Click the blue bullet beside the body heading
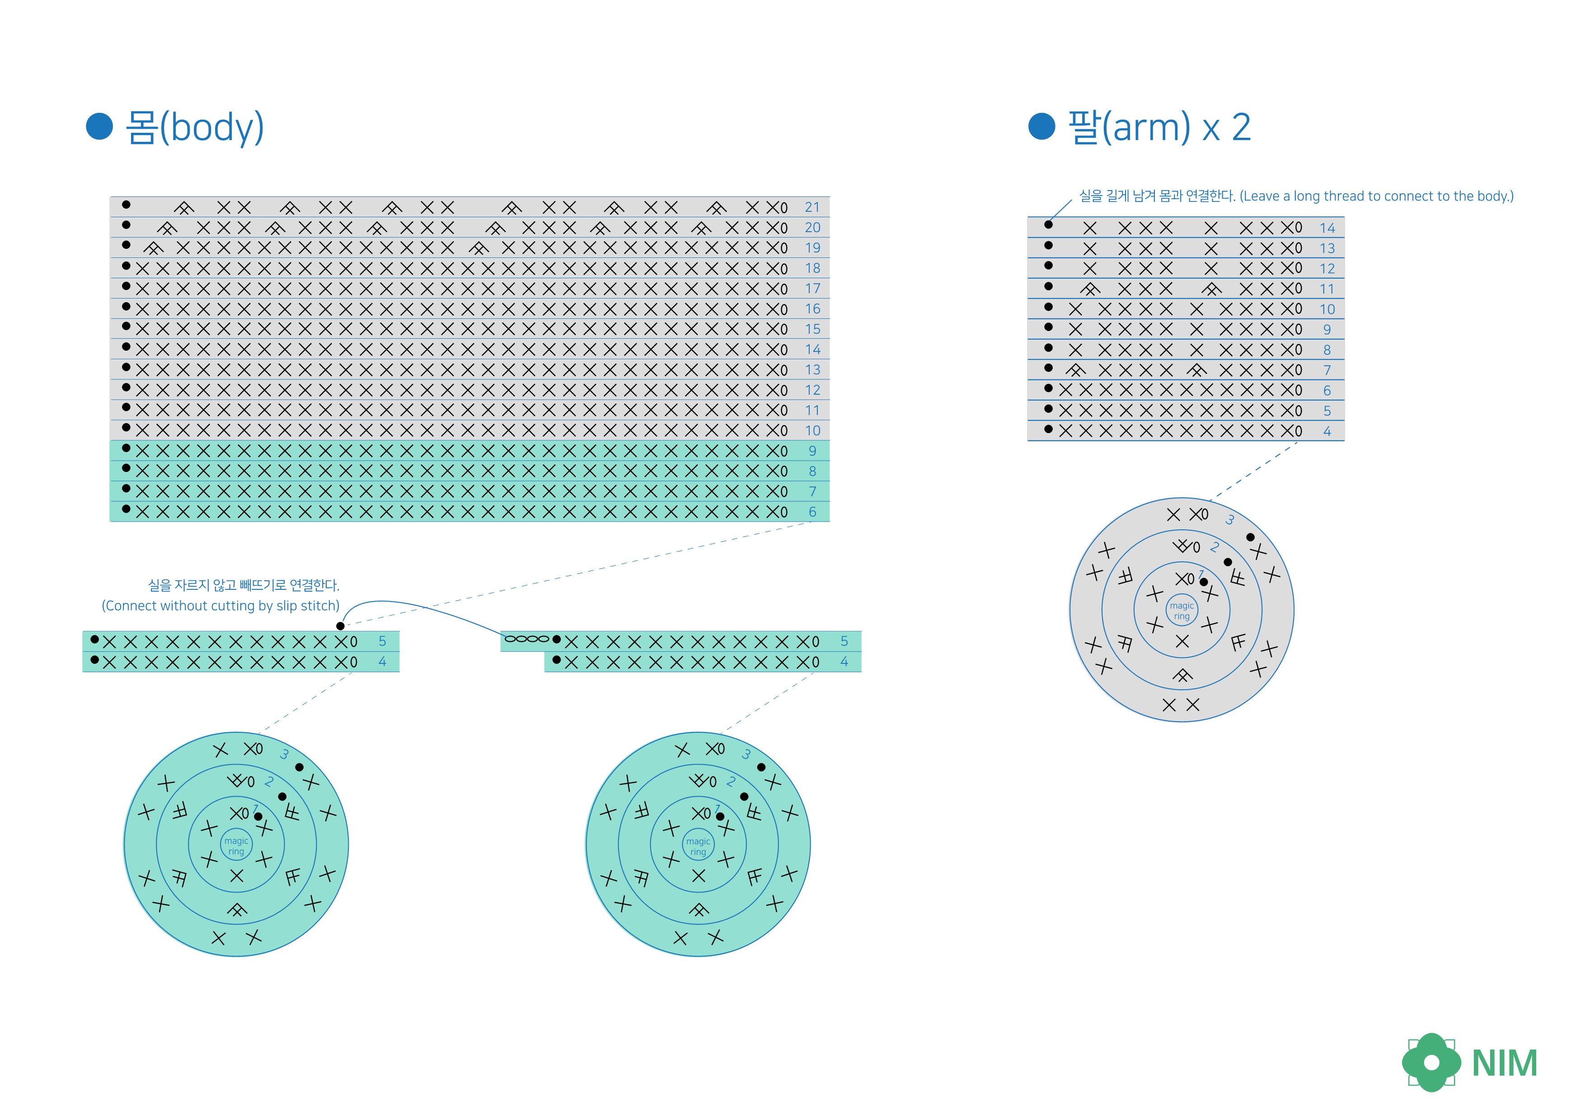(x=99, y=126)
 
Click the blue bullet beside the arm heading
(x=1042, y=126)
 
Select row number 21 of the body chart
(x=812, y=207)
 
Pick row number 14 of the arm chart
(x=1327, y=228)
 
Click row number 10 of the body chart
(x=812, y=430)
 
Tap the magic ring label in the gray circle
(x=1182, y=611)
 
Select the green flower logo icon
(x=1431, y=1062)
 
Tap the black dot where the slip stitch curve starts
(x=340, y=626)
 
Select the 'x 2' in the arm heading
(x=1226, y=128)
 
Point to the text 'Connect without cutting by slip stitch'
(x=221, y=606)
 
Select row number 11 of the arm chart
(x=1327, y=289)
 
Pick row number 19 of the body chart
(x=812, y=248)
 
